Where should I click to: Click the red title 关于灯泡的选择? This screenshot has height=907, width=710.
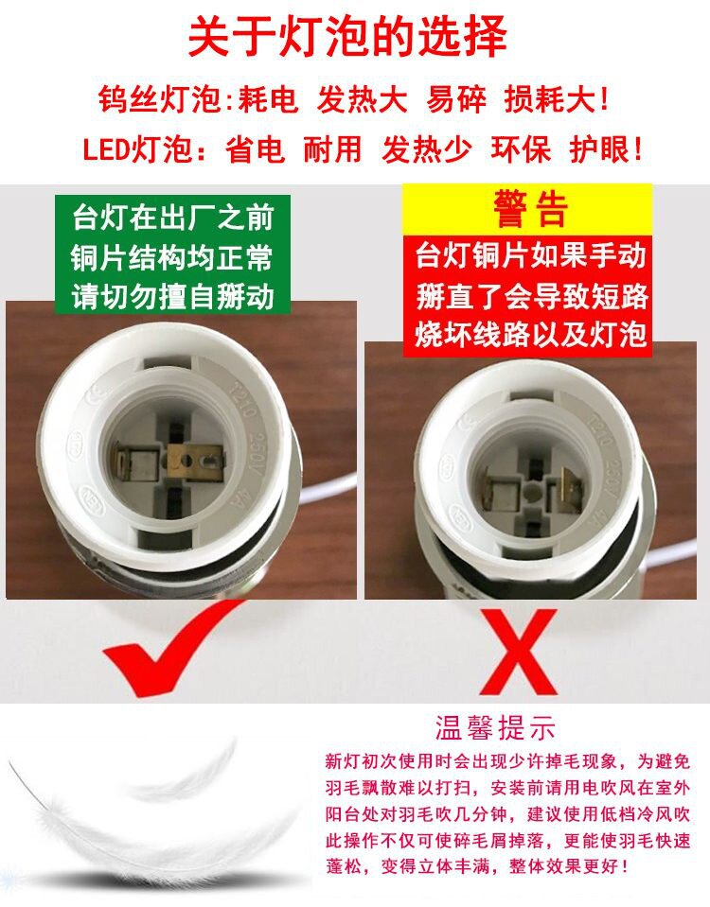[x=347, y=36]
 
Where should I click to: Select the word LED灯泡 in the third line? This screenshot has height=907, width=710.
[x=138, y=149]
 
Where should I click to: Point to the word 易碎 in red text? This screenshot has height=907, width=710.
[x=456, y=99]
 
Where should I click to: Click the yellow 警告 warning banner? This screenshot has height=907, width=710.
[x=527, y=209]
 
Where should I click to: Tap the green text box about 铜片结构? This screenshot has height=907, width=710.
[x=172, y=255]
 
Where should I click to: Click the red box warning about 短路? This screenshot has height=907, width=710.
[x=527, y=296]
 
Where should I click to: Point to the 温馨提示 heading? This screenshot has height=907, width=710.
[x=495, y=727]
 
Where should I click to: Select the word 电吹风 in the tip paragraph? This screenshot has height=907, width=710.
[x=610, y=787]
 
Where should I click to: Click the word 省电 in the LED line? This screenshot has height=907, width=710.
[x=255, y=149]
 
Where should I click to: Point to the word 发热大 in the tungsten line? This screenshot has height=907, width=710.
[x=362, y=99]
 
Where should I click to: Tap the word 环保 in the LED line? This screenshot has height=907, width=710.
[x=521, y=149]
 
